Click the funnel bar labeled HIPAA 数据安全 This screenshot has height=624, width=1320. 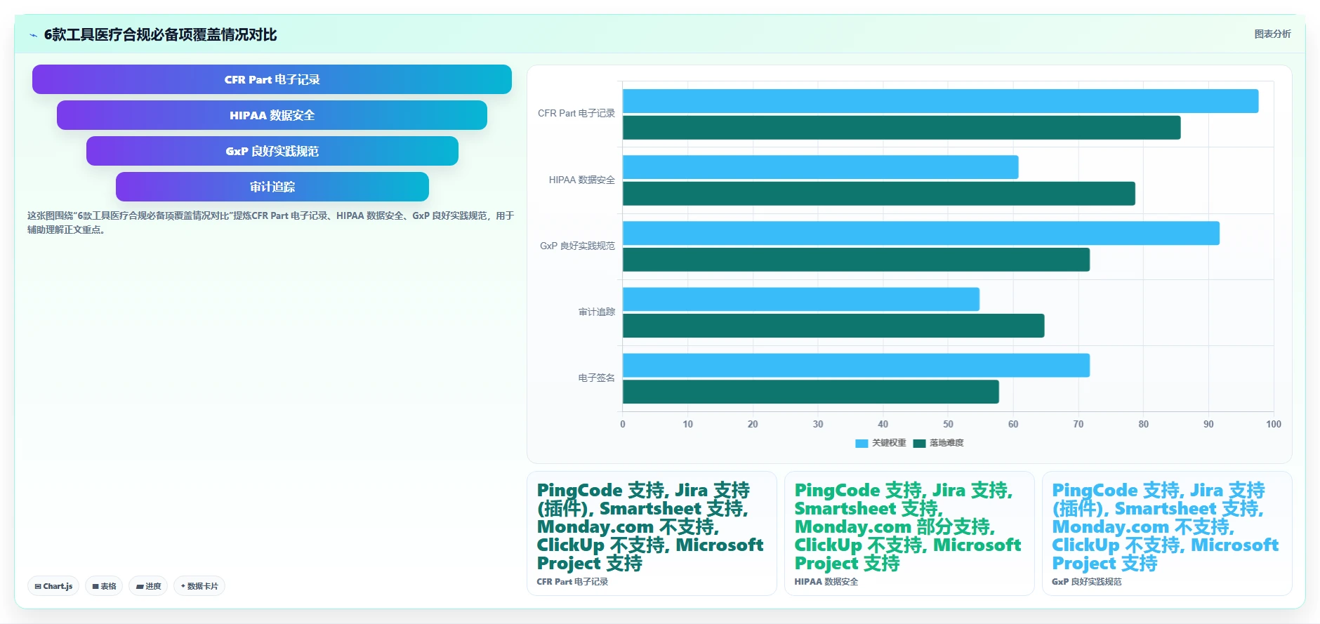(x=272, y=115)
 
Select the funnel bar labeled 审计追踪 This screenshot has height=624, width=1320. (x=272, y=187)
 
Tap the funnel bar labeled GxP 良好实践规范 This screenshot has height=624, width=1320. (x=272, y=151)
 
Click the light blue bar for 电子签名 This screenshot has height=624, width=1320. (x=856, y=365)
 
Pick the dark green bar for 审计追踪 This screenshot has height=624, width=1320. (x=833, y=326)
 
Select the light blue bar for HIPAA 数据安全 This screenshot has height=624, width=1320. (x=820, y=167)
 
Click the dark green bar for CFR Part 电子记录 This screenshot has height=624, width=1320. (x=902, y=128)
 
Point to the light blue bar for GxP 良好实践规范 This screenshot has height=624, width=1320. (x=921, y=233)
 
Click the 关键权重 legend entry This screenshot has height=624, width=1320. (x=880, y=443)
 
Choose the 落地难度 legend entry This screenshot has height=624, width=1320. (x=938, y=443)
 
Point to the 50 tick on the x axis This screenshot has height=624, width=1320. (x=948, y=424)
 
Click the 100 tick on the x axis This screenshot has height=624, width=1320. (x=1274, y=424)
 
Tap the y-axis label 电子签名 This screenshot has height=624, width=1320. (x=596, y=378)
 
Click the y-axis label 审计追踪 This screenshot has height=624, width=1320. (x=596, y=312)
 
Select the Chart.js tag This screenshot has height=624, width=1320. (x=53, y=586)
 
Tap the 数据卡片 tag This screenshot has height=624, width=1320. (x=199, y=586)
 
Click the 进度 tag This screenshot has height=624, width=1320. (x=148, y=586)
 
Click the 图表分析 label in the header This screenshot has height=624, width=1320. (x=1272, y=34)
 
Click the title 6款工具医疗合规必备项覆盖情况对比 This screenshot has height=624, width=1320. (x=160, y=34)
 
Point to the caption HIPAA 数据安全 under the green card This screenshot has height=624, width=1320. (x=826, y=582)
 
